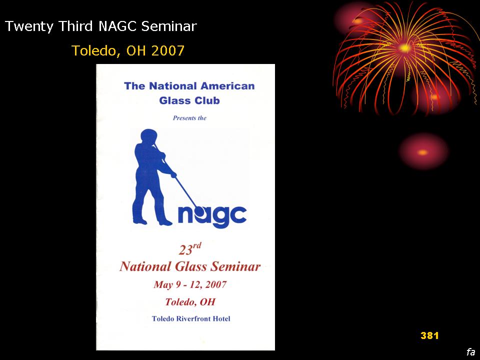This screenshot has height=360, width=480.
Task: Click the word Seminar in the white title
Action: (168, 26)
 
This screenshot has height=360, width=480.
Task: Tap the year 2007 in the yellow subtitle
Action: (167, 50)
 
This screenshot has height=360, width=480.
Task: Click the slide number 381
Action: (429, 335)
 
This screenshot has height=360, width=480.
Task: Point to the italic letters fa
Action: (471, 351)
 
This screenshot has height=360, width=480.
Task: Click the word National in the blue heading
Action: (172, 86)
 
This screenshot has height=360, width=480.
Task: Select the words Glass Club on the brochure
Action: (189, 100)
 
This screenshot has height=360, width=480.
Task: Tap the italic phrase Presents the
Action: (189, 118)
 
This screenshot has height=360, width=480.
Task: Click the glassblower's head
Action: (149, 136)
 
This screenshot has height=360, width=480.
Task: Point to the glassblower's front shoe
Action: (164, 222)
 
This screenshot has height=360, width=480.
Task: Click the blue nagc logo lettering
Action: (212, 216)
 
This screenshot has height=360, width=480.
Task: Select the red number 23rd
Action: (190, 249)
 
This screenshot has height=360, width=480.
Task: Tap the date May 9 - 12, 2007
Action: (190, 285)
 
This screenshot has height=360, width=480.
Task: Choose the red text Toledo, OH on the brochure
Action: (190, 302)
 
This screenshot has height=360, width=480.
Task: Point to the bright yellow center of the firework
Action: (404, 48)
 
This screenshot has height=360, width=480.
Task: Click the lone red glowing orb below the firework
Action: (423, 152)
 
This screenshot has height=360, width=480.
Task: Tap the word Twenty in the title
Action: (29, 26)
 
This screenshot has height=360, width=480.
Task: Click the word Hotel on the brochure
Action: (221, 318)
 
